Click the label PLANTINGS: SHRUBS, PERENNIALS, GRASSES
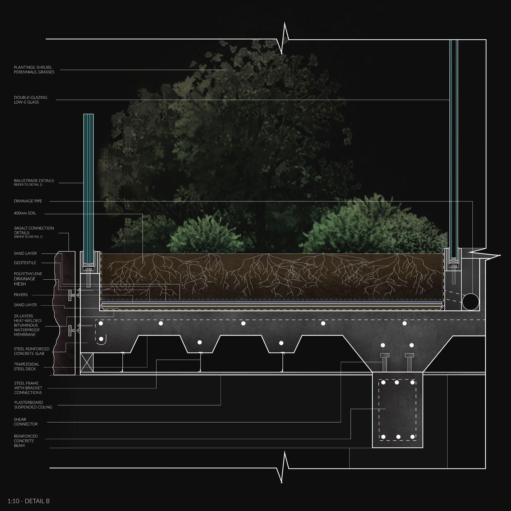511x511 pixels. pos(34,70)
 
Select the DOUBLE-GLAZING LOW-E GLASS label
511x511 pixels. pos(31,100)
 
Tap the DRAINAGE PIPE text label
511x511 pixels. pos(28,201)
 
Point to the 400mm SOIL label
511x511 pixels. pos(25,213)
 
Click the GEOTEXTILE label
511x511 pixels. pos(25,263)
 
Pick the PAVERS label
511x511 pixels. pos(21,295)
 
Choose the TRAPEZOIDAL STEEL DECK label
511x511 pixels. pos(27,367)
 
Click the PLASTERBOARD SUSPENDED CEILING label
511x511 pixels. pos(33,405)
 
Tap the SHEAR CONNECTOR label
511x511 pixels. pos(26,422)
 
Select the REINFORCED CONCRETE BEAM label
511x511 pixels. pos(26,441)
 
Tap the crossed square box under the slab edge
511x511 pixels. pos(87,362)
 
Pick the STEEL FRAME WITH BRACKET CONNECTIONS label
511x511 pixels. pos(28,388)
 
